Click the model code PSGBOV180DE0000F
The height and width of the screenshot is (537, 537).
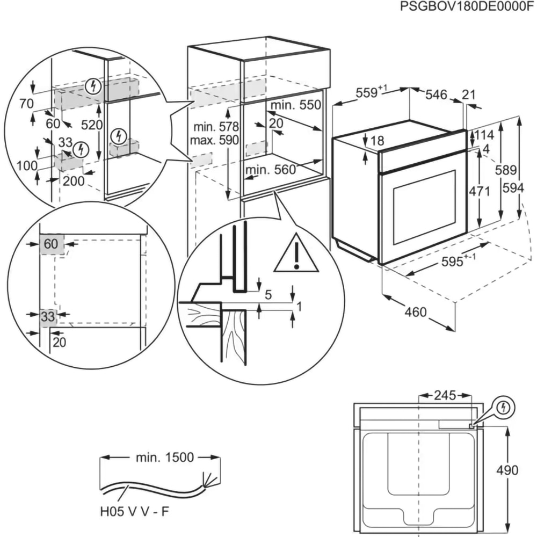(x=468, y=7)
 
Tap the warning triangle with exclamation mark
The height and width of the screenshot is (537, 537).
(x=296, y=254)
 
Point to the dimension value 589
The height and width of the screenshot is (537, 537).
(x=506, y=171)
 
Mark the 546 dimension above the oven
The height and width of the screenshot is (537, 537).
(x=436, y=95)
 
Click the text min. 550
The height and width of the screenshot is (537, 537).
(x=295, y=105)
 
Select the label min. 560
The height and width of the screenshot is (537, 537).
(x=271, y=170)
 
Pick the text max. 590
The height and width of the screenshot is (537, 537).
(x=216, y=140)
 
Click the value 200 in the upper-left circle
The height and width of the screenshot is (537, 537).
(x=73, y=181)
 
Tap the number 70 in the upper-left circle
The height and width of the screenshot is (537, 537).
(x=25, y=103)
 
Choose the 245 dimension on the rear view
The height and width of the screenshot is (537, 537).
(x=445, y=396)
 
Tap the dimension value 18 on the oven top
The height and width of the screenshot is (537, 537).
(x=378, y=141)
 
